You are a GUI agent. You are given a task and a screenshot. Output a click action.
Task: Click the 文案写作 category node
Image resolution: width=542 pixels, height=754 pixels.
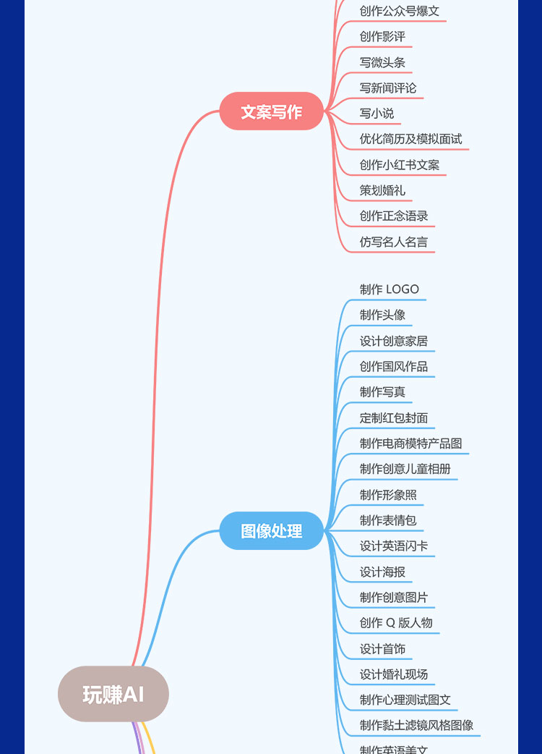pos(271,111)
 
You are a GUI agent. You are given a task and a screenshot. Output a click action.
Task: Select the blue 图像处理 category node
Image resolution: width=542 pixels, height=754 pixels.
pos(271,531)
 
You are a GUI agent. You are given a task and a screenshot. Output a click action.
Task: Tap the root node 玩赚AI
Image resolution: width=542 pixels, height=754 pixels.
pos(113,695)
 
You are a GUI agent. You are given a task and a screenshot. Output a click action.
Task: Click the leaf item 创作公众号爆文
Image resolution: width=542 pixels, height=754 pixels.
pos(399,11)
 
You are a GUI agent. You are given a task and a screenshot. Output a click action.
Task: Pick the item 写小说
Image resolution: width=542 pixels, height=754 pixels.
pos(377,113)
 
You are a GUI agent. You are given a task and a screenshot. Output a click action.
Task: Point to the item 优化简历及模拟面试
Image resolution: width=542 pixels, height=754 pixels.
pos(410,139)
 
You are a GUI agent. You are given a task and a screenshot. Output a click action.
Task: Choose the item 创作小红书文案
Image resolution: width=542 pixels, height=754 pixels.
pos(399,165)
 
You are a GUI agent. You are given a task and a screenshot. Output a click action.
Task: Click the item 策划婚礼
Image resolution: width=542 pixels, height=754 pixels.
pos(382,190)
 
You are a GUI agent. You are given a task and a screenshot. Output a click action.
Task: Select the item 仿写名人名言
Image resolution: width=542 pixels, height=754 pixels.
pos(394,242)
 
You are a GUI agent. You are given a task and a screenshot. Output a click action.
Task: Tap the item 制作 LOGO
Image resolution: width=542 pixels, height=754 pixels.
pos(389,289)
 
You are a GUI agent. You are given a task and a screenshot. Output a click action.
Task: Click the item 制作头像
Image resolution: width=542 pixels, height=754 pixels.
pos(382,315)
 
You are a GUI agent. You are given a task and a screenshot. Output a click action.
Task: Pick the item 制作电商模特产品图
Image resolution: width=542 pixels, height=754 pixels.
pos(410,443)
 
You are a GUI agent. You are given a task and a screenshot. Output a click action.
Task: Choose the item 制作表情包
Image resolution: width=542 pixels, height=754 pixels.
pos(388,520)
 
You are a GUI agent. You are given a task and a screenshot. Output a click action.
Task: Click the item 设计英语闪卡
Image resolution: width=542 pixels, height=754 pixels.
pos(394,546)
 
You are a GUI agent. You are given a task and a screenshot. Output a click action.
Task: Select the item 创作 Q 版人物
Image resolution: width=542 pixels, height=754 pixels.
pos(396,622)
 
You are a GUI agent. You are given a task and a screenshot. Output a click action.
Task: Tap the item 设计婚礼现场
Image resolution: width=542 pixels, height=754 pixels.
pos(394,674)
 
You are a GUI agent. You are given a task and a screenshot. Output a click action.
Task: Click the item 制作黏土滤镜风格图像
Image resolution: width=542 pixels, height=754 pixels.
pos(416,725)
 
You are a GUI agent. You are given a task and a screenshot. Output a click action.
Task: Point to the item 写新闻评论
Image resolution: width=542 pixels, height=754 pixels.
pos(388,88)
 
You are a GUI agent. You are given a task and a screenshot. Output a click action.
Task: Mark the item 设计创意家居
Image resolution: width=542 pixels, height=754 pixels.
pos(394,341)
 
